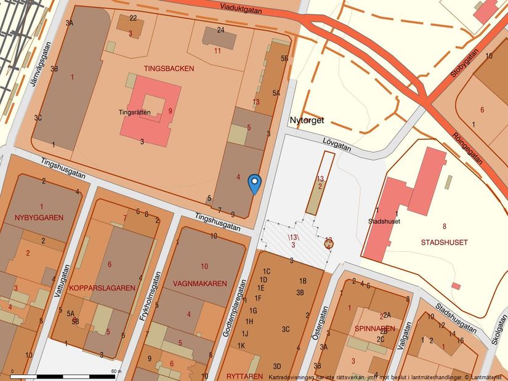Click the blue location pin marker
[254, 183]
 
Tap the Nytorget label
[307, 121]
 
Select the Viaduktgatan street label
[242, 9]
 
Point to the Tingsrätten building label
[135, 113]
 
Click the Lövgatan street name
[336, 143]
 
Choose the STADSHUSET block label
[444, 243]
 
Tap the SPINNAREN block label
[374, 329]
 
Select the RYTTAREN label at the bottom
[244, 375]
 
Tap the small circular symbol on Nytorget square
[329, 243]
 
